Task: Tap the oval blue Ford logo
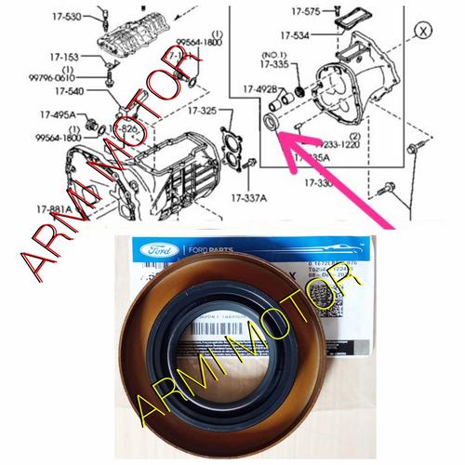153,249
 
